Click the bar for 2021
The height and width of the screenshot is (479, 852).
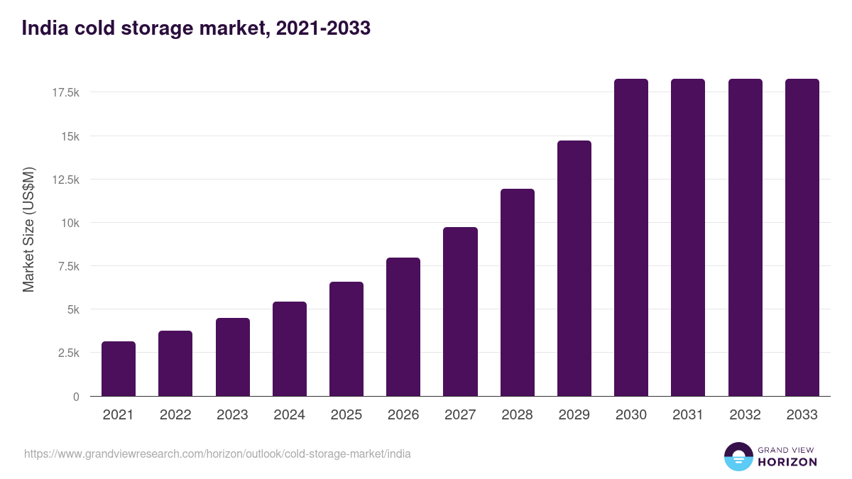pos(119,369)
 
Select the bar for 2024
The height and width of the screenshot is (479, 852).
pos(290,349)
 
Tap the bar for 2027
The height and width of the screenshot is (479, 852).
pos(460,312)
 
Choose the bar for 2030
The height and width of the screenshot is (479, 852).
pos(631,238)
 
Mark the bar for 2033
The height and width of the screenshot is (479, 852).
pos(802,238)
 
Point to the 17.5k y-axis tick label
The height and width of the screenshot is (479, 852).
pos(65,93)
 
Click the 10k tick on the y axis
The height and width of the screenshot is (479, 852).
pos(70,223)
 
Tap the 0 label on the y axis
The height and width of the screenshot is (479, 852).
pos(75,397)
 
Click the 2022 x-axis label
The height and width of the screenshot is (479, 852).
pos(175,415)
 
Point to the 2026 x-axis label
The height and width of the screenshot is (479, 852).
pos(403,415)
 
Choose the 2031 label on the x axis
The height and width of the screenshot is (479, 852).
pos(688,415)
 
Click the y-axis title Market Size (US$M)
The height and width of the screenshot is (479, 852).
pos(28,229)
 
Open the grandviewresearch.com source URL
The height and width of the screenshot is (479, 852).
pos(217,453)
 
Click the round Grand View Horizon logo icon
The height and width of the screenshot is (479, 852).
pos(738,456)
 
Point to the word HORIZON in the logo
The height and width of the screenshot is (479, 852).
pos(787,462)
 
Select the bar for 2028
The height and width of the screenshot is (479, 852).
pos(518,292)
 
